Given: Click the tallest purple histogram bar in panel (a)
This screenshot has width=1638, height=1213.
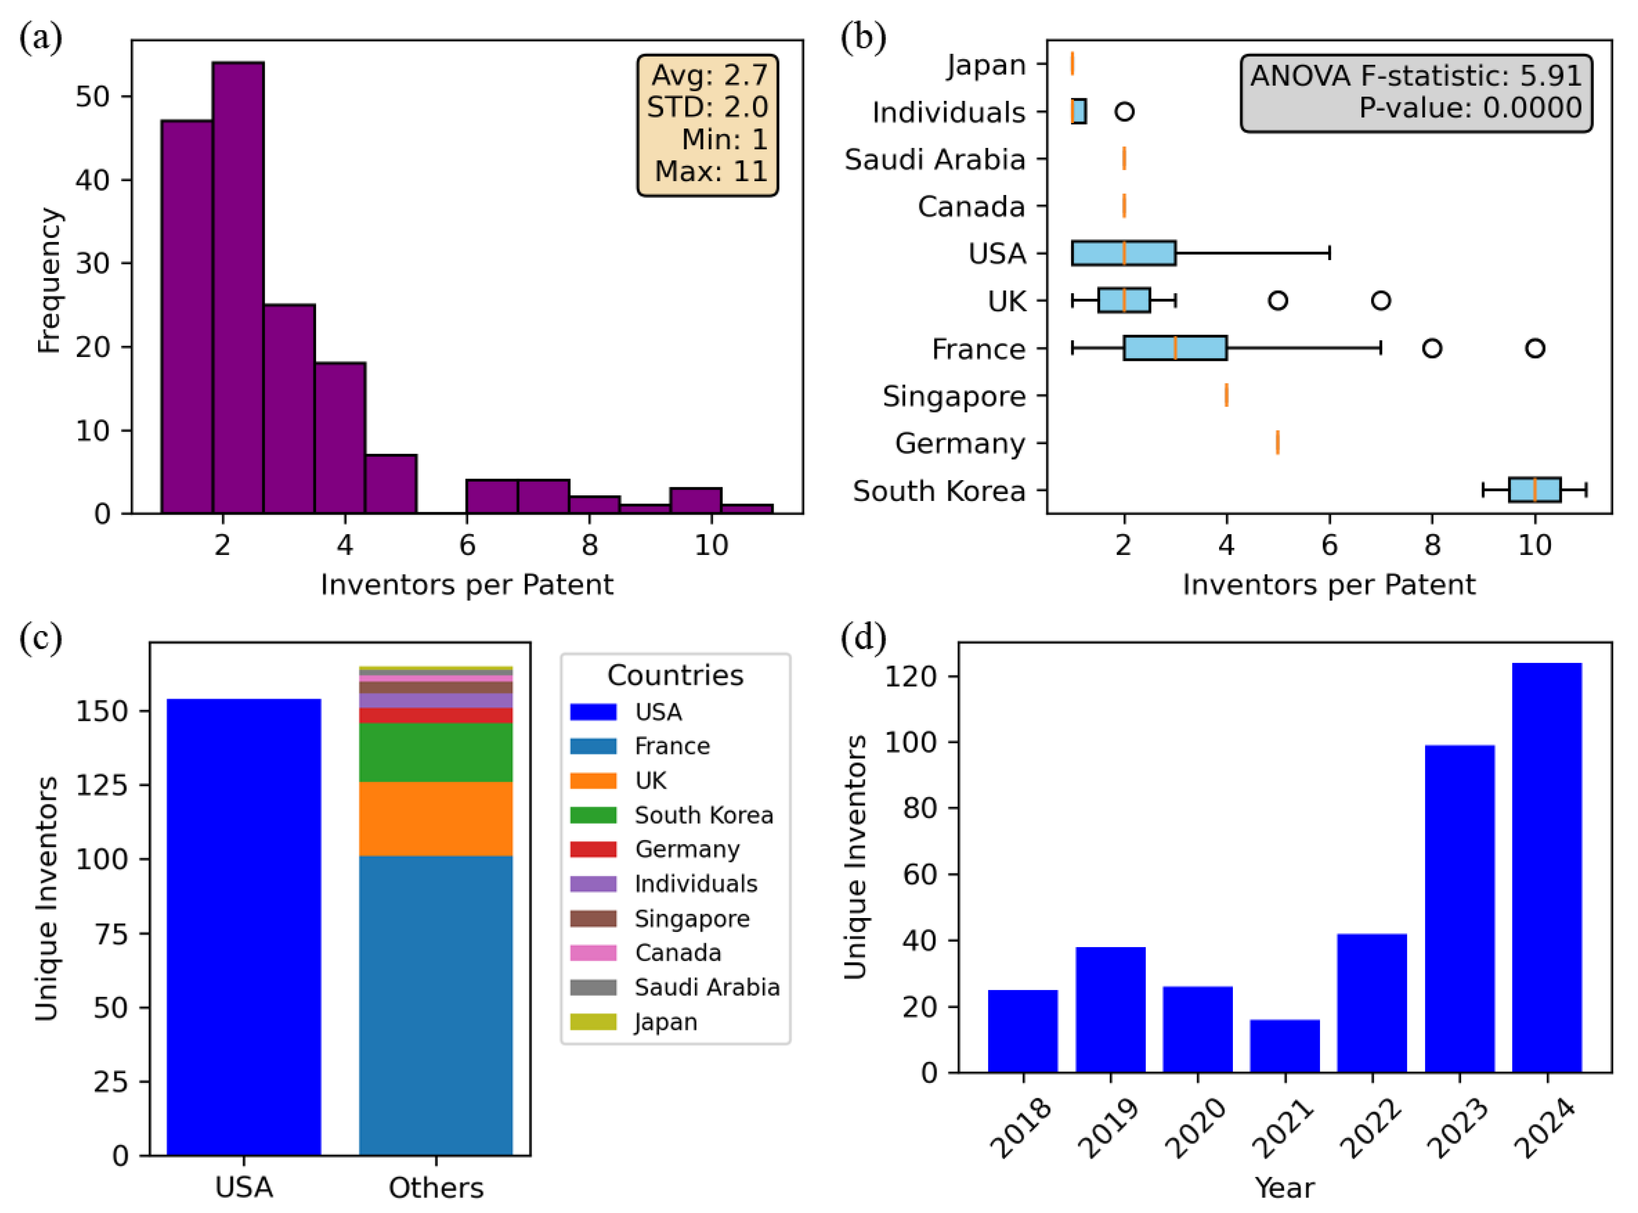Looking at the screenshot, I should point(238,287).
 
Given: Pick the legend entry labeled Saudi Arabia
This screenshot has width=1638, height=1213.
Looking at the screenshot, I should point(706,987).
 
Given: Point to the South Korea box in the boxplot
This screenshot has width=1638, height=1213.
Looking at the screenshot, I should point(1535,490).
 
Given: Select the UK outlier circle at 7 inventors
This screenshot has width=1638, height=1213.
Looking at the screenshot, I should point(1380,300).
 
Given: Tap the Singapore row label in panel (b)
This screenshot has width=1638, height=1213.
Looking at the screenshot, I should point(954,397).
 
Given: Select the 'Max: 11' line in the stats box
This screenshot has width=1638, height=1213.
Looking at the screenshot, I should point(710,171).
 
